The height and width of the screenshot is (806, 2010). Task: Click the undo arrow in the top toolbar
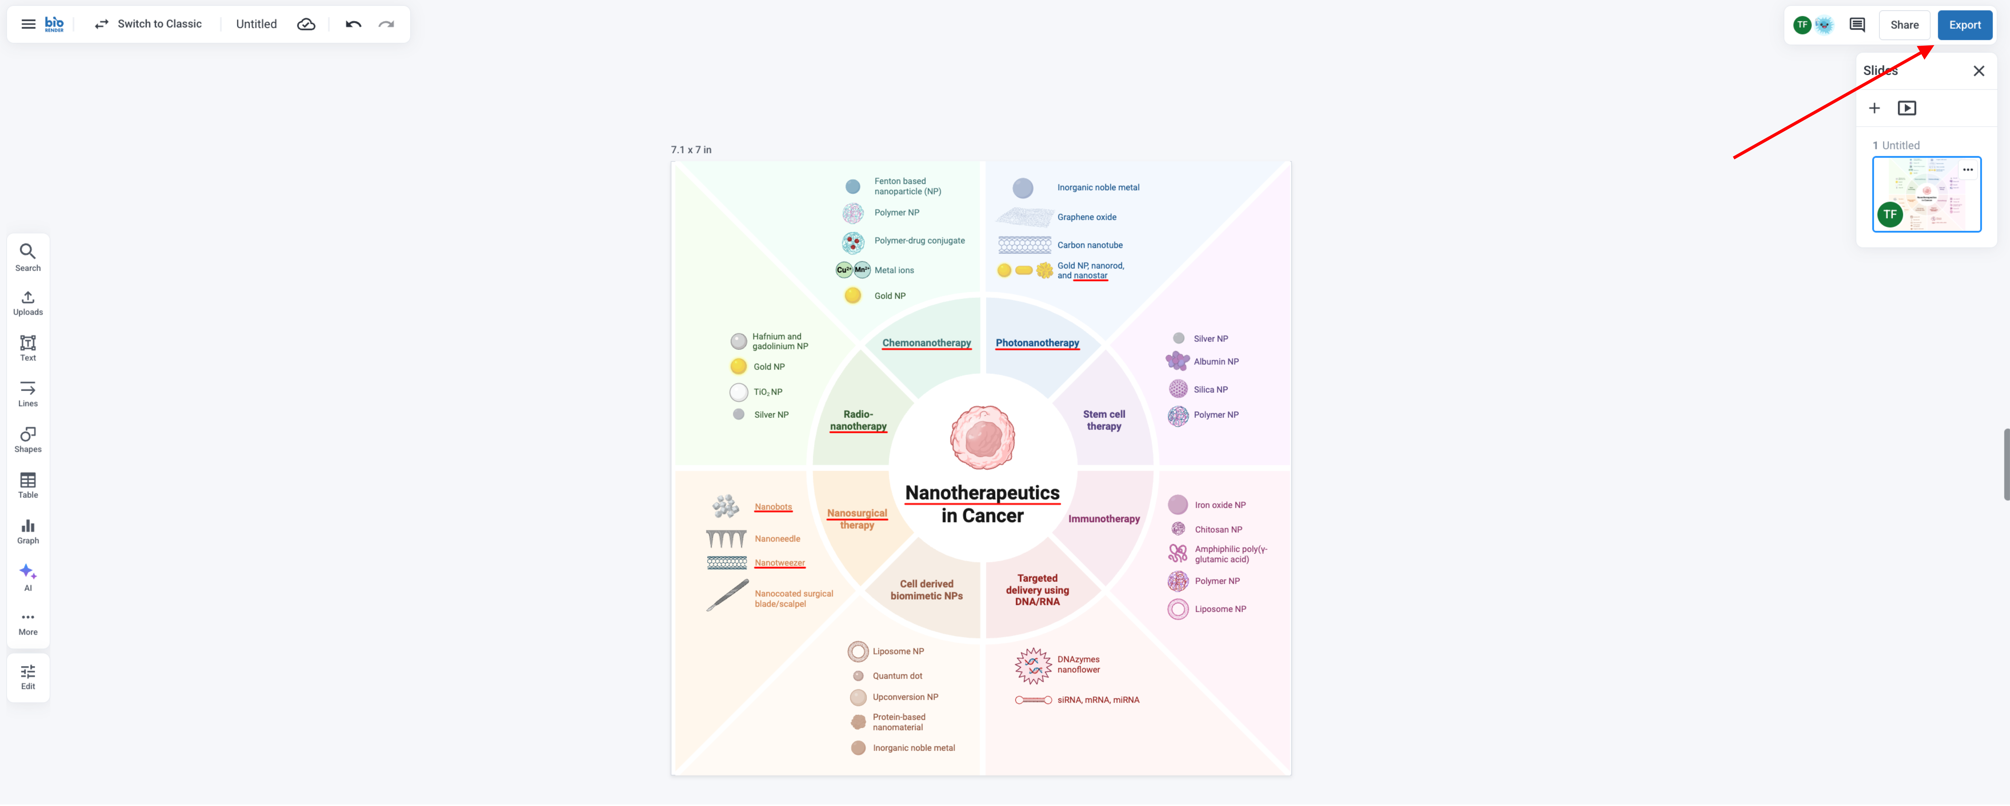pyautogui.click(x=353, y=24)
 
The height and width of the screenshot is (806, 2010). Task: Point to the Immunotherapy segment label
pyautogui.click(x=1103, y=519)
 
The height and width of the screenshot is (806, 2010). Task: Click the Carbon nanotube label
pyautogui.click(x=1089, y=245)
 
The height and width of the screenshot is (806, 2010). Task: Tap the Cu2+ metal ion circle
pyautogui.click(x=844, y=270)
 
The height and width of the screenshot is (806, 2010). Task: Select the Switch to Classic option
pyautogui.click(x=148, y=24)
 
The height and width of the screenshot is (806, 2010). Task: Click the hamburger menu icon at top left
pyautogui.click(x=28, y=24)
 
